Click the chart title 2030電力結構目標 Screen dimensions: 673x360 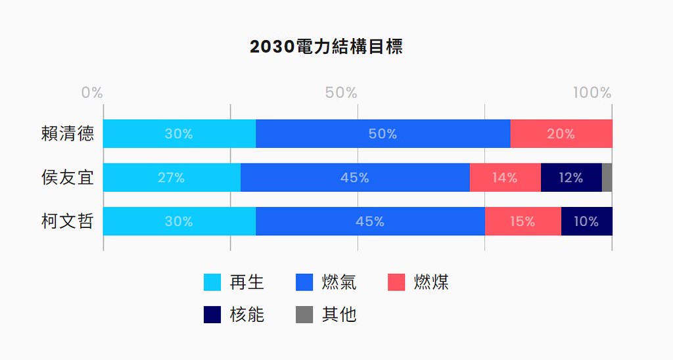[x=326, y=47]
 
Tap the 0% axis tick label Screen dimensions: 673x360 [x=92, y=92]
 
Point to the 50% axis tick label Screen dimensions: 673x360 [x=341, y=92]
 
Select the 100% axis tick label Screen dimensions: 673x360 [x=592, y=92]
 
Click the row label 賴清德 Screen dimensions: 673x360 [x=68, y=133]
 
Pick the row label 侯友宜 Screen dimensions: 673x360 [x=68, y=177]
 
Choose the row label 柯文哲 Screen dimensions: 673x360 [x=68, y=221]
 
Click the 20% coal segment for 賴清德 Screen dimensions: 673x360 [x=561, y=133]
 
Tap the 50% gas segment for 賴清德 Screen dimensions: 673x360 [x=383, y=133]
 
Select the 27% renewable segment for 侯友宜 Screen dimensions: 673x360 [x=172, y=177]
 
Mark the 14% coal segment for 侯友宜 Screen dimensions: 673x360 [x=505, y=177]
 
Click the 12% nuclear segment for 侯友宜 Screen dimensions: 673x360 [x=571, y=177]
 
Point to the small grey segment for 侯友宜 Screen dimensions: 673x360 [x=607, y=177]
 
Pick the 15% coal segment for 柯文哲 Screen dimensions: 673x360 [x=523, y=221]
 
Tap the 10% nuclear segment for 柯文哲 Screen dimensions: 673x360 [x=587, y=221]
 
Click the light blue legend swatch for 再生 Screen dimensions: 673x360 [x=212, y=282]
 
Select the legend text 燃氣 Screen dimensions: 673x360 [x=339, y=282]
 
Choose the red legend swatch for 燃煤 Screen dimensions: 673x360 [x=396, y=282]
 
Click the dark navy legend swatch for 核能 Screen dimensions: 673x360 [x=212, y=315]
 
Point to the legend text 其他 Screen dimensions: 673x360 [x=339, y=315]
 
